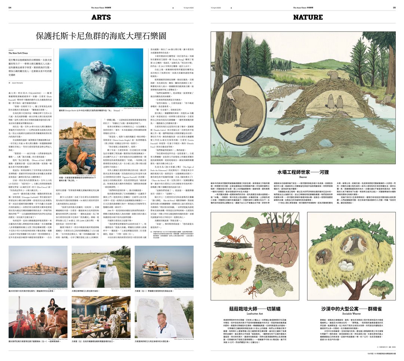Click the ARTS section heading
click(x=101, y=17)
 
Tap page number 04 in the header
click(x=10, y=7)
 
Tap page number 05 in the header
click(x=394, y=7)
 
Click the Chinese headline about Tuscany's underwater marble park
click(x=101, y=36)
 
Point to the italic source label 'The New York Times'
click(x=18, y=53)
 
